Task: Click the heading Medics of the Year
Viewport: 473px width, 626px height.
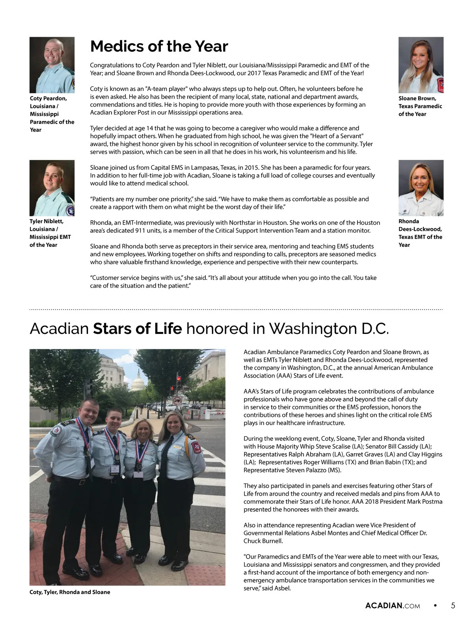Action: pyautogui.click(x=159, y=46)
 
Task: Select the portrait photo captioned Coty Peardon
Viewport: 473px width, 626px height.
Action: pyautogui.click(x=52, y=65)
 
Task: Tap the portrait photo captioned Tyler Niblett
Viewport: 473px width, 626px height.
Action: pyautogui.click(x=52, y=188)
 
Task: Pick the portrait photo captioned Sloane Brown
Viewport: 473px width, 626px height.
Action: pyautogui.click(x=421, y=65)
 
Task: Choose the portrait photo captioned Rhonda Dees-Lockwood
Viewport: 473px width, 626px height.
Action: pyautogui.click(x=421, y=188)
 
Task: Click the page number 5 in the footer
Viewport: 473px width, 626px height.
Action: pyautogui.click(x=453, y=606)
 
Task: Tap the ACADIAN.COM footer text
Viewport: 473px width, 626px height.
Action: pyautogui.click(x=393, y=606)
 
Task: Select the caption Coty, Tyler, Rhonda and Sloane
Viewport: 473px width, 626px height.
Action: pyautogui.click(x=70, y=592)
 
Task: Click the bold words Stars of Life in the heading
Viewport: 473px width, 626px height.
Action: pyautogui.click(x=137, y=329)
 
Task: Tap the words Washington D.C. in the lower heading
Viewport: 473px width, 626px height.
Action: pyautogui.click(x=329, y=329)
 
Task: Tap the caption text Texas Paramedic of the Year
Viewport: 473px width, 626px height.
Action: pyautogui.click(x=420, y=110)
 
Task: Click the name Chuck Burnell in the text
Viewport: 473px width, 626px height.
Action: pyautogui.click(x=263, y=541)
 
